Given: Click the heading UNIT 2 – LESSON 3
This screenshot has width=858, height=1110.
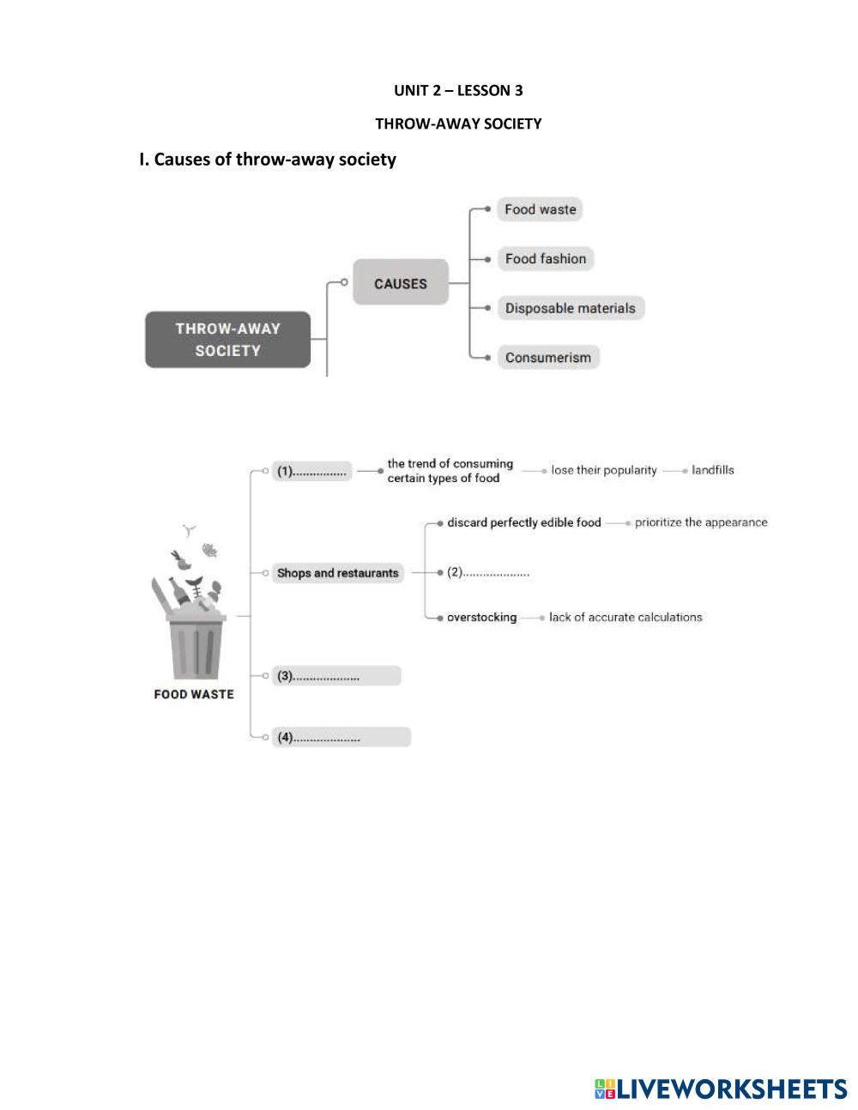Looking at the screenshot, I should (458, 90).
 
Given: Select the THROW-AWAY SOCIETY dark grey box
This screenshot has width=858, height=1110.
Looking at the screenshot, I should (227, 340).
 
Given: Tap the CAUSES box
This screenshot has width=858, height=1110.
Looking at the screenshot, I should (401, 283).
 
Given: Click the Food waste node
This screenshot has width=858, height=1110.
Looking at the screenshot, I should (540, 209).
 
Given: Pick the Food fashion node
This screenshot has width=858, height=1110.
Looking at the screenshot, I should (545, 259).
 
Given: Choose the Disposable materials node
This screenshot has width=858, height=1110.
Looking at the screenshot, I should (570, 309).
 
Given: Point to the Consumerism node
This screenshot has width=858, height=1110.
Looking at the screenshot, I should (547, 358).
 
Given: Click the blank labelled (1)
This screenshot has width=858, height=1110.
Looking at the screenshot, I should (312, 471).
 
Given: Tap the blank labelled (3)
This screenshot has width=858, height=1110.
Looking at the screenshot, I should (336, 676).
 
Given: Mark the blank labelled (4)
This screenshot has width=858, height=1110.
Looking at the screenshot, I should (341, 737).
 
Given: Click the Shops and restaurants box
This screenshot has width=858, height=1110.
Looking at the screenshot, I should (338, 573).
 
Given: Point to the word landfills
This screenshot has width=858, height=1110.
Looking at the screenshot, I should (712, 470).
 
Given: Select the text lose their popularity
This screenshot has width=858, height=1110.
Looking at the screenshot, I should (604, 470).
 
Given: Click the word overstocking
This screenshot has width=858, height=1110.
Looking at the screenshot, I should (481, 618).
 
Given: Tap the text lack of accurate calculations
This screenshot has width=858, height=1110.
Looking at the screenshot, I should (625, 618).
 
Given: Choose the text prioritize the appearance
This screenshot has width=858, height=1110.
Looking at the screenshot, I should (701, 522).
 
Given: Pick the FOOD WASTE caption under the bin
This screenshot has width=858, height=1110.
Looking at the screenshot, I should (194, 695).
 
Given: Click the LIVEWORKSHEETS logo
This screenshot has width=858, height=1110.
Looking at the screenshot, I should (720, 1089).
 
